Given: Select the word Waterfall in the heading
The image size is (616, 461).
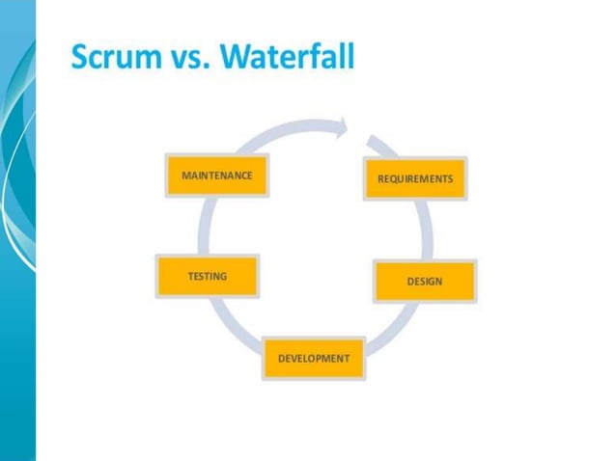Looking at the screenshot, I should tap(287, 58).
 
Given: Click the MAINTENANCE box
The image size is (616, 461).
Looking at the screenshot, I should tap(217, 176).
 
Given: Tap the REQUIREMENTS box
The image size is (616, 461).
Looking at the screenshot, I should tap(415, 179).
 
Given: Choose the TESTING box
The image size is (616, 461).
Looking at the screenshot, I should tap(207, 277).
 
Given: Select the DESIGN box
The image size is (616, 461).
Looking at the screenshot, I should tap(424, 282).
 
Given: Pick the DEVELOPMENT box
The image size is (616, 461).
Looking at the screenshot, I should tap(314, 358).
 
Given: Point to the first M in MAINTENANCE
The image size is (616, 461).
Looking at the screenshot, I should tap(185, 176).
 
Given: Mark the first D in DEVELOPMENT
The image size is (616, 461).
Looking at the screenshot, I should tap(281, 359).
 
